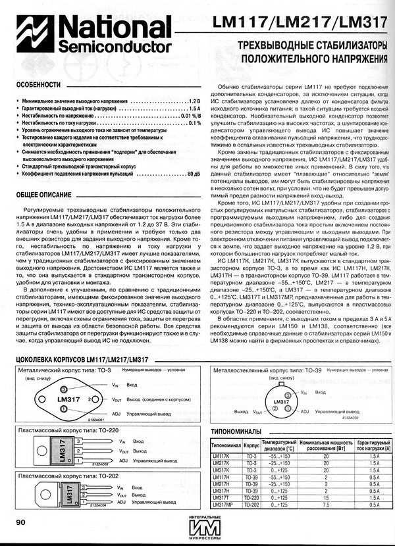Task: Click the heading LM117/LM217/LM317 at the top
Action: tap(301, 24)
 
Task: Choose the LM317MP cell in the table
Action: tap(223, 504)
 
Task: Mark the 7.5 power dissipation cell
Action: tap(325, 504)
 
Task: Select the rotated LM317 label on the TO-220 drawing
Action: tap(63, 451)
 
